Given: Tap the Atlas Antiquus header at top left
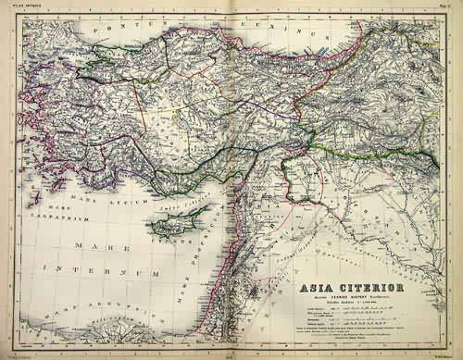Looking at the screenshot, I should (x=20, y=6).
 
